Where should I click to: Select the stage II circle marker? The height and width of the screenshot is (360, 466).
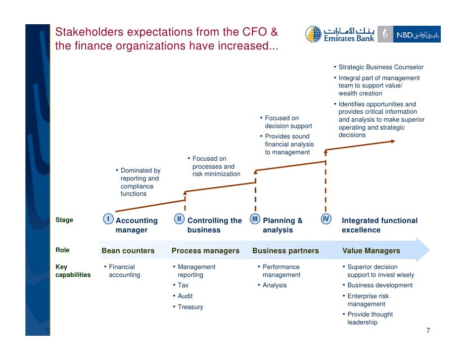click(x=180, y=219)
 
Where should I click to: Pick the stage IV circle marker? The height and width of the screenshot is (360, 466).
click(x=326, y=219)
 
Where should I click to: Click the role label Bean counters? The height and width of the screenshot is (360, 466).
click(x=128, y=251)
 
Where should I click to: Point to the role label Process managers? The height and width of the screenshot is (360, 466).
click(x=205, y=251)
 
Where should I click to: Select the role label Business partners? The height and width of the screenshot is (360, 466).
click(x=285, y=251)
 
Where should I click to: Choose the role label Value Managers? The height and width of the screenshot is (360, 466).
click(x=371, y=251)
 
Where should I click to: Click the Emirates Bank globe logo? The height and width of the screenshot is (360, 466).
click(x=313, y=34)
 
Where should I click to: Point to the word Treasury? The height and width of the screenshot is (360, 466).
click(x=190, y=307)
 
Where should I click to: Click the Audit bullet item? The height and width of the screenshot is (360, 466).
click(x=185, y=296)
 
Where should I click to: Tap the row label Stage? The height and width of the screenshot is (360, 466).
click(x=64, y=220)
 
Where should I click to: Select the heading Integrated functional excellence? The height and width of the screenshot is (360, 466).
click(x=379, y=225)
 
